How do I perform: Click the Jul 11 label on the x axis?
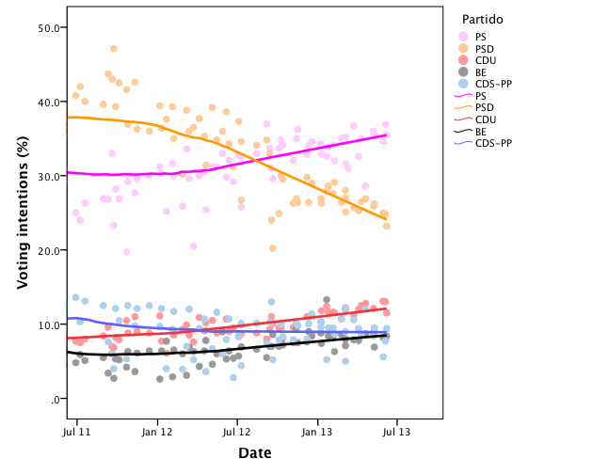click(x=76, y=433)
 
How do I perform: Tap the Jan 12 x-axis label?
click(x=157, y=433)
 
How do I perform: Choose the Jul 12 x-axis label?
click(x=237, y=433)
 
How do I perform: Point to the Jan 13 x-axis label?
click(x=318, y=433)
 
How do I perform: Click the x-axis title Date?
click(x=254, y=453)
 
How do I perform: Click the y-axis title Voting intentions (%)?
click(x=23, y=213)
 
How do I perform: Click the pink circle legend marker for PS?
click(x=463, y=37)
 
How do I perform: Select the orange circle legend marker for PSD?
click(x=463, y=48)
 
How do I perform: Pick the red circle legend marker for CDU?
click(x=463, y=60)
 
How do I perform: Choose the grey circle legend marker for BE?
click(x=463, y=71)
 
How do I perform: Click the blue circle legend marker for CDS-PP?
click(x=463, y=84)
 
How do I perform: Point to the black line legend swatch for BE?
click(x=463, y=131)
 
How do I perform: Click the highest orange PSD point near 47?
click(x=114, y=49)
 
